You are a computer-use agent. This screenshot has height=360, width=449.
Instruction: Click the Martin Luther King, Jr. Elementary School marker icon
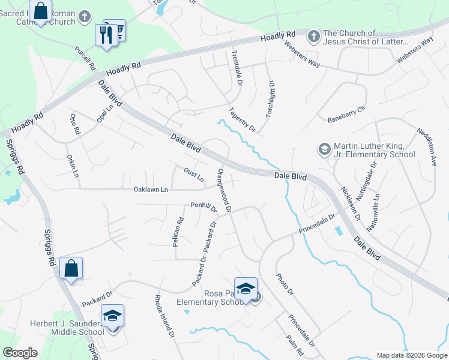click(324, 149)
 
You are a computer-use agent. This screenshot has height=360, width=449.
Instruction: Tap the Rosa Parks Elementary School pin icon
click(246, 290)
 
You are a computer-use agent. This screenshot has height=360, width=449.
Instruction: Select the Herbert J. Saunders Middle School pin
click(112, 316)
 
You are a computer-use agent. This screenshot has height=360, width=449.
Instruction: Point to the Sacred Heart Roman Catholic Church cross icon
click(86, 17)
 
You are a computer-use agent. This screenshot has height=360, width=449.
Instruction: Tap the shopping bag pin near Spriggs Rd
click(71, 269)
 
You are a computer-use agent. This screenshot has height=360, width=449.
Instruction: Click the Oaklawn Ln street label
click(151, 189)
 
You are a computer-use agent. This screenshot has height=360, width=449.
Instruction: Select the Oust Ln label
click(194, 175)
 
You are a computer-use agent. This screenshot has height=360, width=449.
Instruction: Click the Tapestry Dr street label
click(243, 119)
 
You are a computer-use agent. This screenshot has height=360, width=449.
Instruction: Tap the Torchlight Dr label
click(270, 98)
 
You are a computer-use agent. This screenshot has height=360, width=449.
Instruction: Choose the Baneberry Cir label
click(346, 116)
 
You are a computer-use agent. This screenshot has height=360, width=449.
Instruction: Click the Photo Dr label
click(284, 284)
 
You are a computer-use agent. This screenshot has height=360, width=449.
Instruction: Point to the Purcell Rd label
click(85, 59)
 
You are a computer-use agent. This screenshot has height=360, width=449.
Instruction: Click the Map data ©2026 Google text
click(412, 355)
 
